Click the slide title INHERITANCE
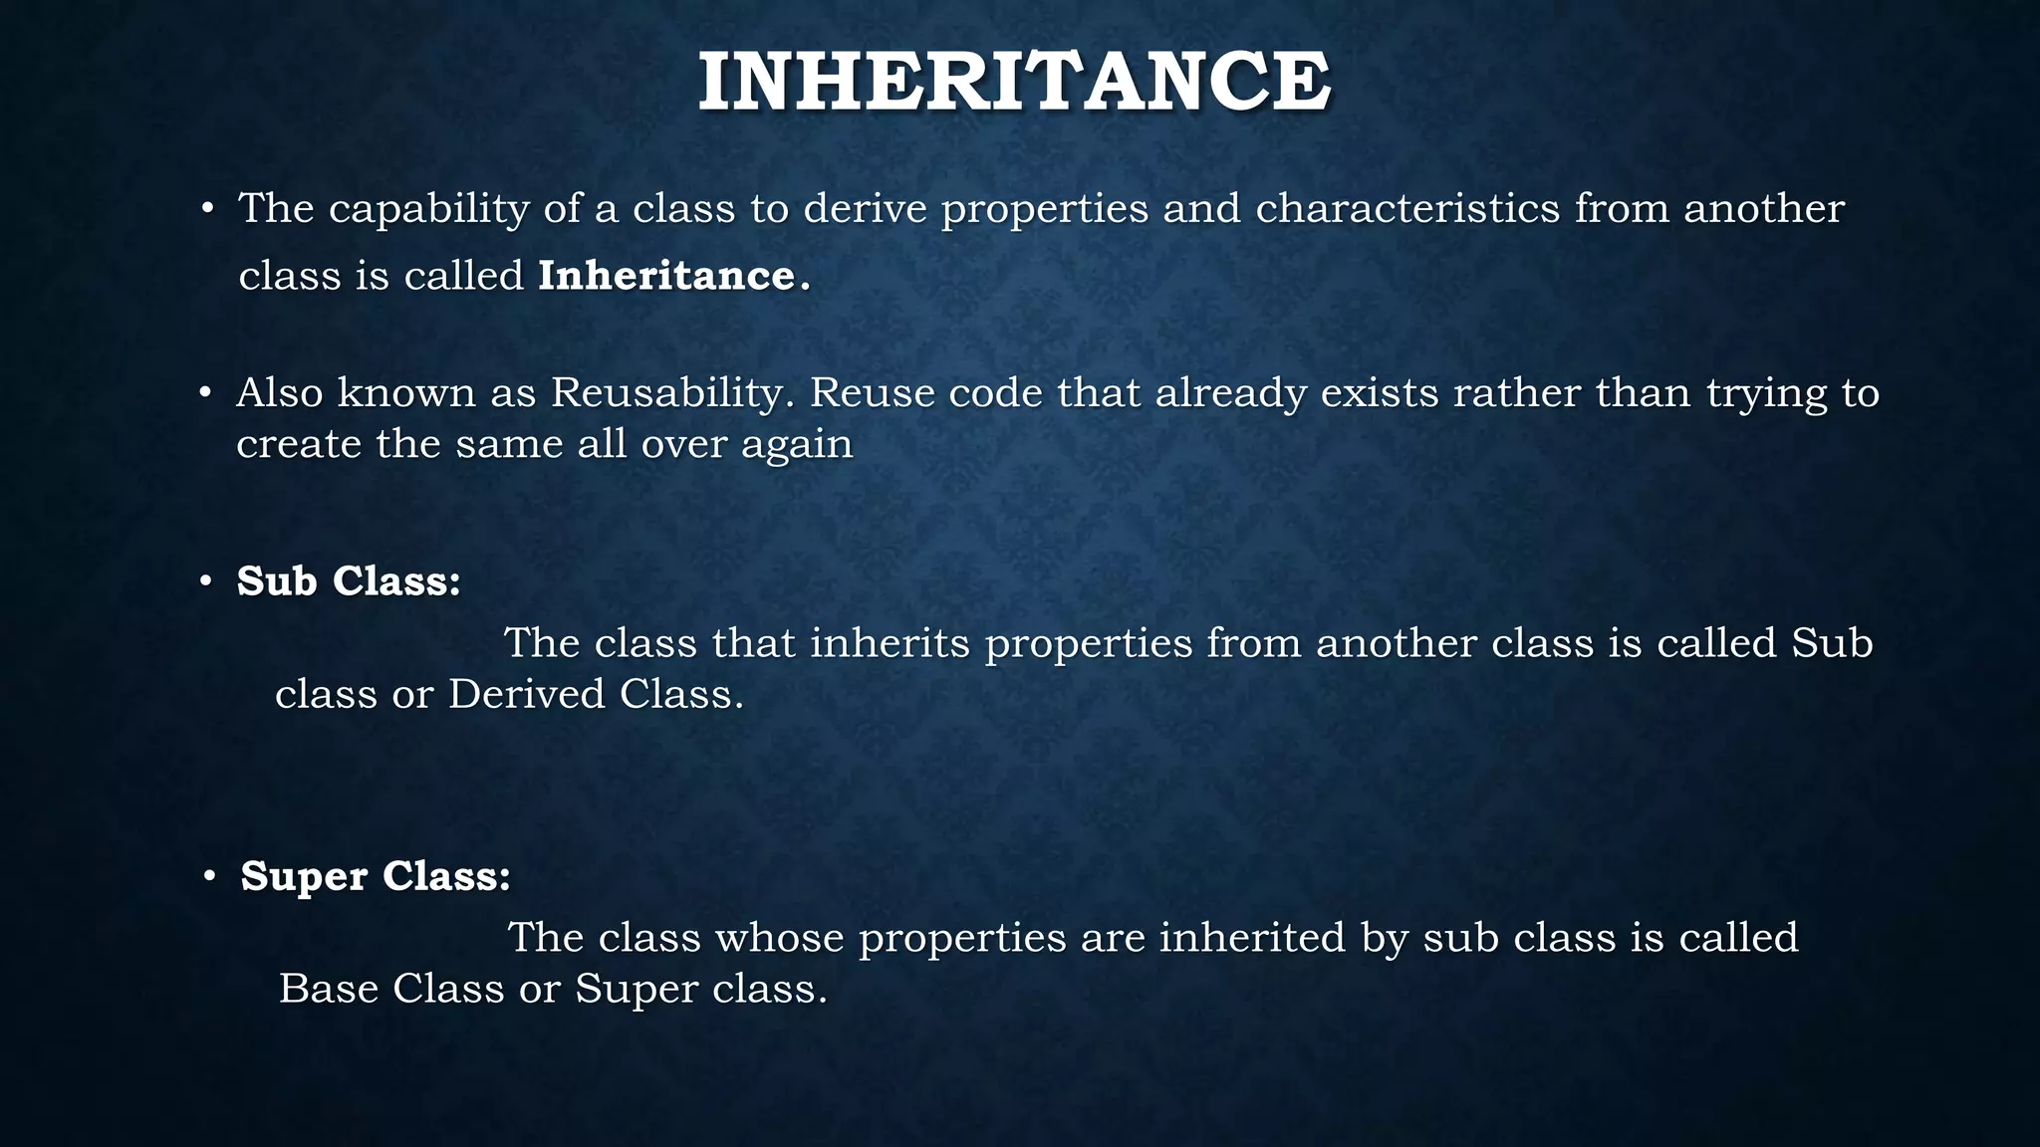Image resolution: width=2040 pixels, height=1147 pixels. pos(1014,82)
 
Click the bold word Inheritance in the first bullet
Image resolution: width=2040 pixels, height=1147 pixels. pos(666,276)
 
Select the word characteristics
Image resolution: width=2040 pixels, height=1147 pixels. pos(1407,209)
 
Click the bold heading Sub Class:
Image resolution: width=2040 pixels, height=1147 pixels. pos(349,581)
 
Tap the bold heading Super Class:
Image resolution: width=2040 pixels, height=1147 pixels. pos(376,876)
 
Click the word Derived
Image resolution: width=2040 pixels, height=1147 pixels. pos(527,694)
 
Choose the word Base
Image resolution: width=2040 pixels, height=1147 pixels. pos(328,989)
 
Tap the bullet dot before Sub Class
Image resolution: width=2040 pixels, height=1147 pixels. pos(206,581)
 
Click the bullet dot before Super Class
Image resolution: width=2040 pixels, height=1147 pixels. pos(209,876)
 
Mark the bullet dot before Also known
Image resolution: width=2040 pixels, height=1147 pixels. pos(205,394)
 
